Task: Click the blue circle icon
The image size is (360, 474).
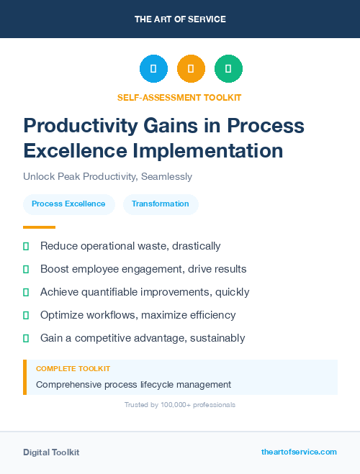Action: coord(153,68)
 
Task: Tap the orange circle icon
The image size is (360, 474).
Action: coord(191,68)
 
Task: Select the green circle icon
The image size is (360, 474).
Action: coord(228,68)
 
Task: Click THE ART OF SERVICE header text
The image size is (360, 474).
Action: coord(180,19)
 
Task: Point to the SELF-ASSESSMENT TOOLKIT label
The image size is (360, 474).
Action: coord(179,97)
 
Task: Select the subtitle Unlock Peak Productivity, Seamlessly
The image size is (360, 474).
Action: coord(107,176)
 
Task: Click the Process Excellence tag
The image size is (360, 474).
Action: coord(68,204)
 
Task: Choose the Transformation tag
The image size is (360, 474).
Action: coord(161,204)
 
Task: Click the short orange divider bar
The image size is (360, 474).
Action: coord(35,227)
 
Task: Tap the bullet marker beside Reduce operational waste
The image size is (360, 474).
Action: coord(26,246)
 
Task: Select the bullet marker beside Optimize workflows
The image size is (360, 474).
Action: coord(26,315)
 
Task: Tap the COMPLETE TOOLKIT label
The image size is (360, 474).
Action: coord(73,368)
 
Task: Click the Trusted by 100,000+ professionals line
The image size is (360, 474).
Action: coord(180,405)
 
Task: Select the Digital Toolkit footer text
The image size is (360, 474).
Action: coord(51,452)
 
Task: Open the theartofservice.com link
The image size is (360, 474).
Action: coord(299,452)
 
